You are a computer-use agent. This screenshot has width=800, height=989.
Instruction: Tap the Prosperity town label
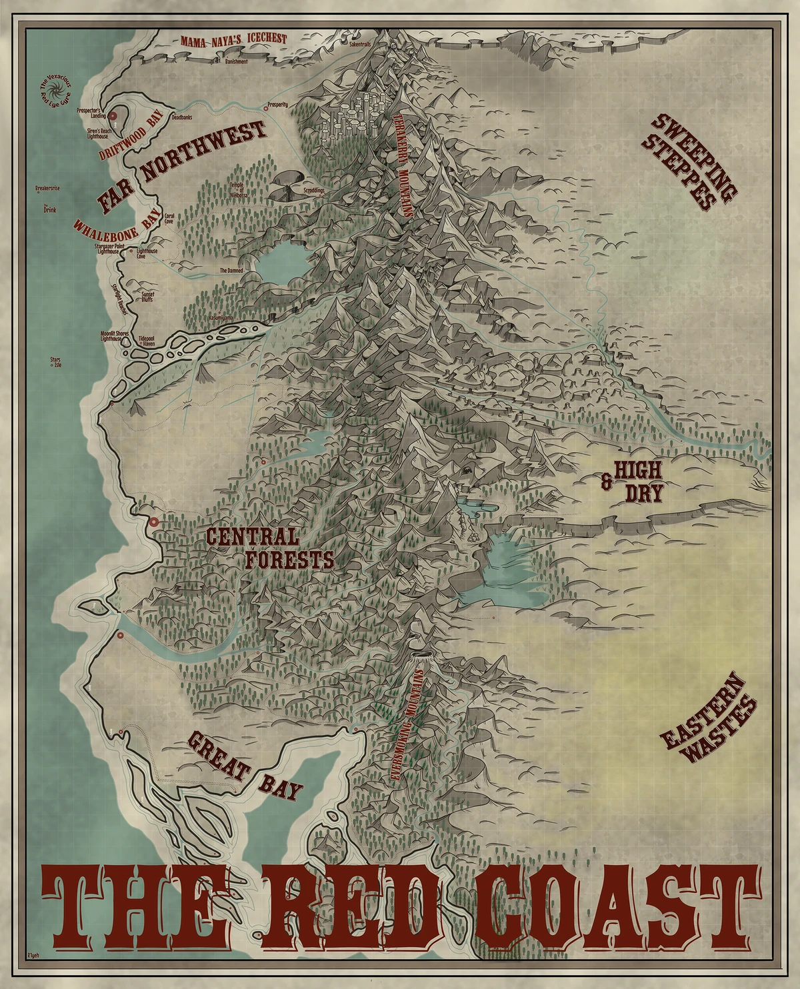277,104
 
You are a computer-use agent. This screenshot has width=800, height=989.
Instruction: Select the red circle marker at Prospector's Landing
113,116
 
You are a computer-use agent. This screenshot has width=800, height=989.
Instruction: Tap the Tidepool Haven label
147,341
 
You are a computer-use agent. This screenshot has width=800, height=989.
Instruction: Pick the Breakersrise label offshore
49,189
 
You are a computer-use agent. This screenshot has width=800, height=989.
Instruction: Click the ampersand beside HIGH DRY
606,482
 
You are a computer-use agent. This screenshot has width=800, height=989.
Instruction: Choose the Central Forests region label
270,548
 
